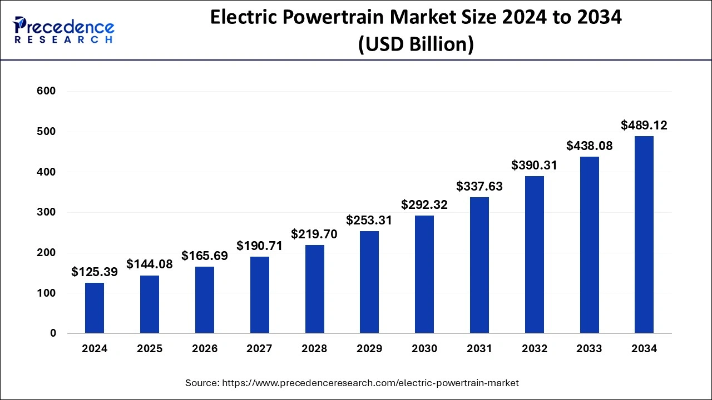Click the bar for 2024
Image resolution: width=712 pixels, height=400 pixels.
(x=95, y=308)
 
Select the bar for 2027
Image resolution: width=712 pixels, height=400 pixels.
(x=260, y=294)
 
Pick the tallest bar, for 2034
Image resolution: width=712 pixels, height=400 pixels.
(x=644, y=234)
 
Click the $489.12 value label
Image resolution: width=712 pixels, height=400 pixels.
(x=644, y=126)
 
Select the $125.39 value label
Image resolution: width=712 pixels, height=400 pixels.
(x=95, y=272)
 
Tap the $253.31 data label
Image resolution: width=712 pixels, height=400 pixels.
(x=369, y=220)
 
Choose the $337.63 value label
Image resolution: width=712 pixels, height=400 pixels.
(x=479, y=187)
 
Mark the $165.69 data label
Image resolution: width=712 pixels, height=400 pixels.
(x=205, y=256)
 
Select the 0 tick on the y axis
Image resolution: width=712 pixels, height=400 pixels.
(x=53, y=333)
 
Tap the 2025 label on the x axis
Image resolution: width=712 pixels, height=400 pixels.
(x=150, y=349)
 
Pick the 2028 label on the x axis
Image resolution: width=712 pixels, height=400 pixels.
(x=314, y=349)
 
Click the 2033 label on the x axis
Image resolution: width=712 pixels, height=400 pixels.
(x=589, y=349)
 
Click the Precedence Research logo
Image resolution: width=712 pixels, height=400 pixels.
(x=63, y=30)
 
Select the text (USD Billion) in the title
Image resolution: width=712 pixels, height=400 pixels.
(x=416, y=43)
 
